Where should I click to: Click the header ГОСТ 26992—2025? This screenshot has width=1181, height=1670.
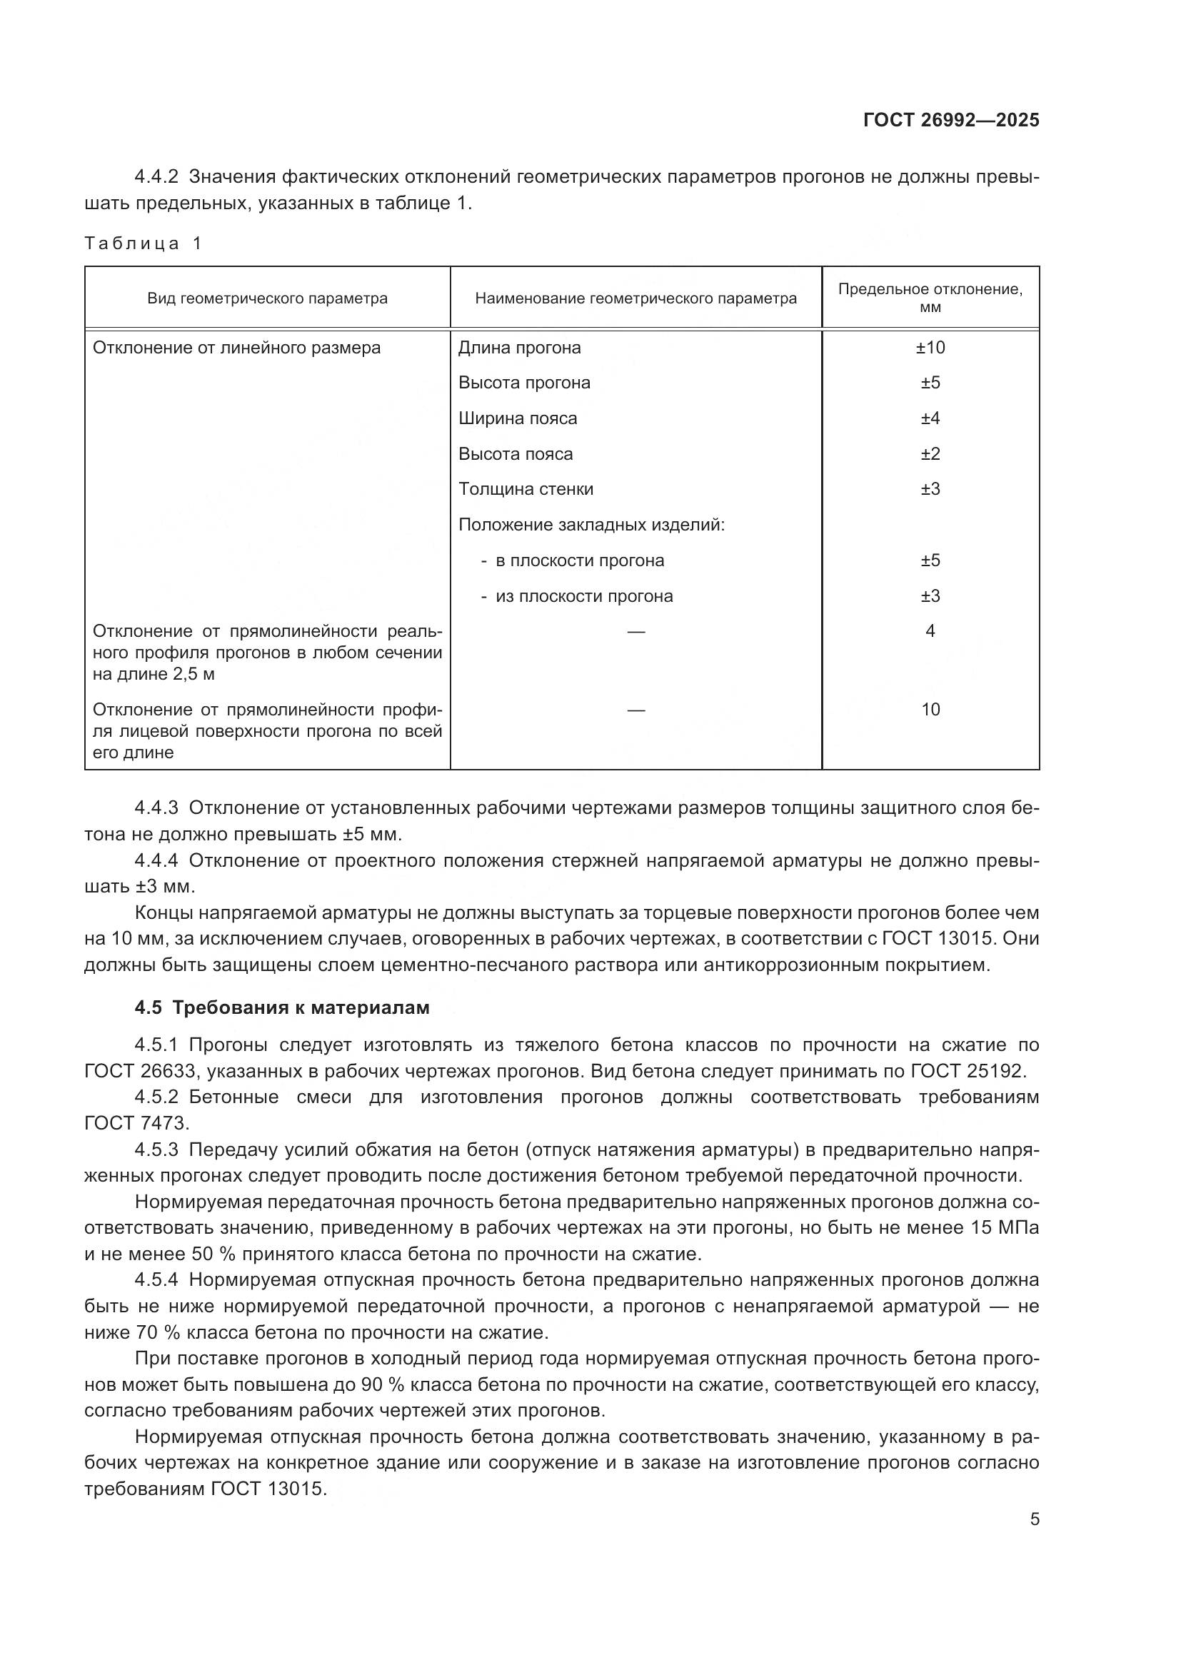click(950, 120)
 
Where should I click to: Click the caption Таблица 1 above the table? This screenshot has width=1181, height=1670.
click(143, 243)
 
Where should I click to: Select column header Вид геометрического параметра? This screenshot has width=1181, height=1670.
click(267, 298)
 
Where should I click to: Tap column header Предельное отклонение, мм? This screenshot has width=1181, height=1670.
click(930, 298)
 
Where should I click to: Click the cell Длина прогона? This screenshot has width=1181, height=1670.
click(519, 348)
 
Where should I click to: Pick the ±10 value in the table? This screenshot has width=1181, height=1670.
click(930, 348)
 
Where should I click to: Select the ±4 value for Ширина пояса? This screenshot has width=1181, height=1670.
click(930, 418)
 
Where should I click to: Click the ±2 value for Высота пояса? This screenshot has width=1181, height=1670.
click(930, 454)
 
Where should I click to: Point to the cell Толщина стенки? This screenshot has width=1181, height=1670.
click(525, 489)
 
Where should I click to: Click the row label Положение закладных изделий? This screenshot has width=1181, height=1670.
click(591, 525)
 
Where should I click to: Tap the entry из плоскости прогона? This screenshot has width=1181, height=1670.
click(584, 596)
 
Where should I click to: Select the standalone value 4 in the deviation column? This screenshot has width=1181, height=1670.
click(930, 631)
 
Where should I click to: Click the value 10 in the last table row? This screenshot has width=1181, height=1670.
click(930, 709)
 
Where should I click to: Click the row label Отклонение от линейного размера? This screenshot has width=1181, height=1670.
click(236, 348)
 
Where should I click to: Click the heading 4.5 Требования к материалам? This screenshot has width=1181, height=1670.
click(282, 1007)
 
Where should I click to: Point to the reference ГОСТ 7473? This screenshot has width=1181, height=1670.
click(136, 1123)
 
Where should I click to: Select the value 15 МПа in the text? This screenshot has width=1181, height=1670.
click(1005, 1228)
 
